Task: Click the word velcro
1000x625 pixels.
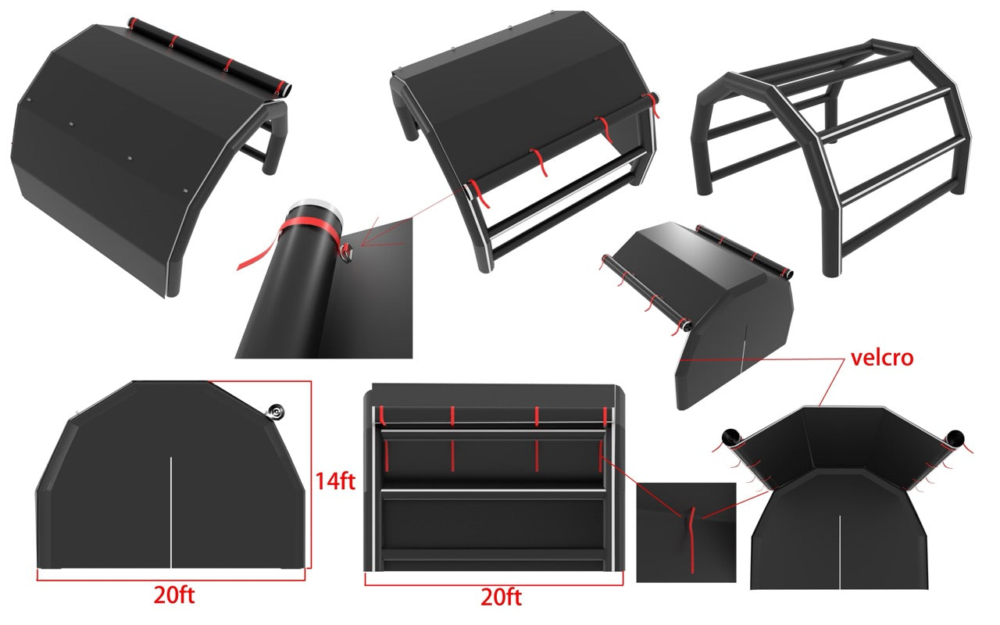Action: click(x=882, y=358)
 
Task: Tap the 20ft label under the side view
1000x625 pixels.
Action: click(x=174, y=595)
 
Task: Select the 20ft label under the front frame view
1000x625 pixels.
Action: click(x=501, y=598)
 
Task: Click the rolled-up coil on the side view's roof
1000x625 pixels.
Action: click(x=276, y=412)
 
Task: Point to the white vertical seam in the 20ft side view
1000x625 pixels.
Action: click(x=171, y=512)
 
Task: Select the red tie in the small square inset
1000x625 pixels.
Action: click(x=691, y=539)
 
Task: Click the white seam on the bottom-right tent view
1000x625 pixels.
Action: click(x=840, y=552)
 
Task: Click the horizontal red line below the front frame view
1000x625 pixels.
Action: click(x=494, y=585)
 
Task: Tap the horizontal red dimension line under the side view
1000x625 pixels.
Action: click(x=171, y=580)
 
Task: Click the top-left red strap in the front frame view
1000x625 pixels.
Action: click(x=383, y=415)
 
